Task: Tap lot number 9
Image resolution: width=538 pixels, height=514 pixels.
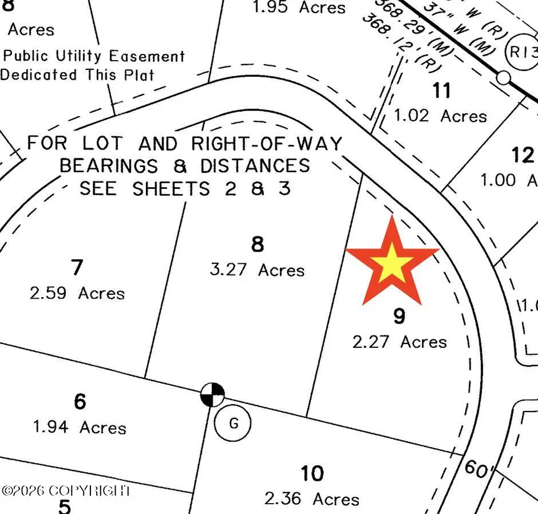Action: coord(399,315)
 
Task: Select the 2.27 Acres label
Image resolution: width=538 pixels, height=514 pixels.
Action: coord(399,342)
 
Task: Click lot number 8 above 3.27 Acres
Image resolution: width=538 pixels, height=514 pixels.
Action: coord(258,245)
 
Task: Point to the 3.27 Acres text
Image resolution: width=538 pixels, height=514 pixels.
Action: coord(257,270)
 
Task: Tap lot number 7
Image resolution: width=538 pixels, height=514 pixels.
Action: coord(77,267)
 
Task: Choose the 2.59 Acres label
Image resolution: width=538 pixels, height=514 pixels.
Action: coord(77,293)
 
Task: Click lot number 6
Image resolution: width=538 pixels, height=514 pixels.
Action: coord(80,402)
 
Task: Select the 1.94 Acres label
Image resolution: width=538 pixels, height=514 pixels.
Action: coord(80,427)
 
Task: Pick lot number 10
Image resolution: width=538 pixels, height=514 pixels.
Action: coord(312,473)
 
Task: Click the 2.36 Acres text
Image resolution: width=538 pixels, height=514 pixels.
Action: coord(312,499)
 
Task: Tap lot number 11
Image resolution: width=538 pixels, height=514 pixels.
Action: coord(441,90)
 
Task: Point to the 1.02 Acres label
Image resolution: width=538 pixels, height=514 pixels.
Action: coord(440,116)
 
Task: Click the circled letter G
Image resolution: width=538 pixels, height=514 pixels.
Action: coord(233,424)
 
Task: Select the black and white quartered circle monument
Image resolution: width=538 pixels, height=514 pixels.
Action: coord(212,394)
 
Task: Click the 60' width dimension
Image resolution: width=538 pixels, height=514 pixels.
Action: coord(478,469)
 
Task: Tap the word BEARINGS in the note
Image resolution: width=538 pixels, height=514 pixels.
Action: coord(109,166)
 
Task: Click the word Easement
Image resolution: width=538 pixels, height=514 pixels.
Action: coord(147,56)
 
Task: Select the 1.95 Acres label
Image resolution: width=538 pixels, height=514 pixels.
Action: coord(299,7)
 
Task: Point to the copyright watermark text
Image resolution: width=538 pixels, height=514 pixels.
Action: coord(66,491)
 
